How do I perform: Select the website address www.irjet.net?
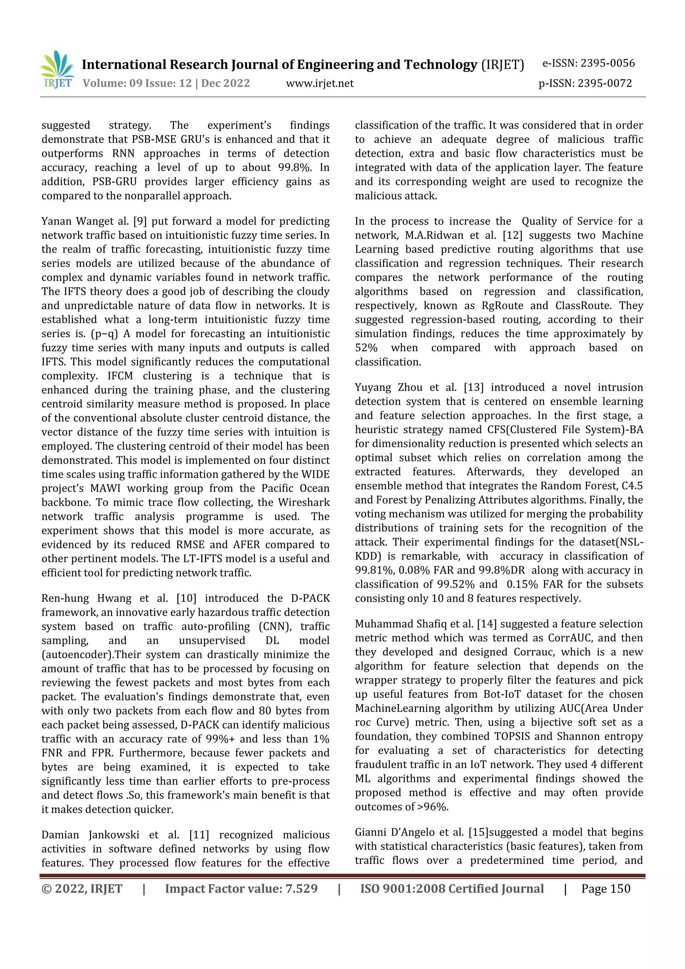point(319,83)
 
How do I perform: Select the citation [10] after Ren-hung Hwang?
point(185,598)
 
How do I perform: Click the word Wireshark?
point(303,502)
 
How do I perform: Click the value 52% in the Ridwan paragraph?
point(366,348)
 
